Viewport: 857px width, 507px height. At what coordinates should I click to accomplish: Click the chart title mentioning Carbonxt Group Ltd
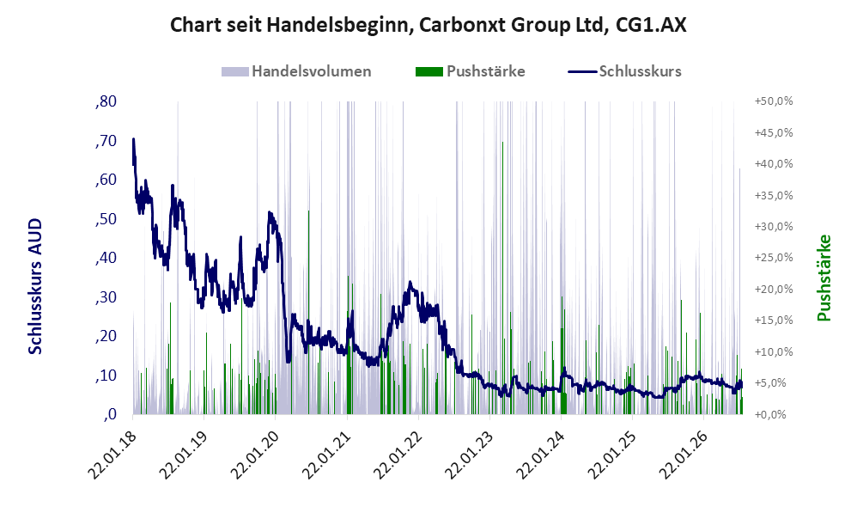tap(428, 25)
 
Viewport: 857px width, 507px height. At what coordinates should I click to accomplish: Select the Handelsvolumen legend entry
tap(296, 71)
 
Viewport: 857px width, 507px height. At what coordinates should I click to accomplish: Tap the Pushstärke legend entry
tap(470, 71)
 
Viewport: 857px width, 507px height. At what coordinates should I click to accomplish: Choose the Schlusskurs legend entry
tap(624, 71)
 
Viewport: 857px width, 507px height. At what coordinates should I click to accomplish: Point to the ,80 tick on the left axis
tap(106, 101)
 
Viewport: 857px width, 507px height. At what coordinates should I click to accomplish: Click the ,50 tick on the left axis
tap(106, 219)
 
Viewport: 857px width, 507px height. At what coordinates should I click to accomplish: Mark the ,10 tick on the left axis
tap(106, 376)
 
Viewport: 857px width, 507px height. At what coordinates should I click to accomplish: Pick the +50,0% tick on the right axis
tap(774, 101)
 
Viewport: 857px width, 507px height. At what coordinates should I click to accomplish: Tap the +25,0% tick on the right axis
tap(774, 258)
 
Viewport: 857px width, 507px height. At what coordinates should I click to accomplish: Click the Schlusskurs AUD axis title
tap(35, 286)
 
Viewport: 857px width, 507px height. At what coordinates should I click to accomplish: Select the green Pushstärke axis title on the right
tap(824, 278)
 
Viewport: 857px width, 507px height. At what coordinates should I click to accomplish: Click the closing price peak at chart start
tap(133, 139)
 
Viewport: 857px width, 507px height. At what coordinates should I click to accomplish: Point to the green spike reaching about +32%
tap(308, 312)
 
